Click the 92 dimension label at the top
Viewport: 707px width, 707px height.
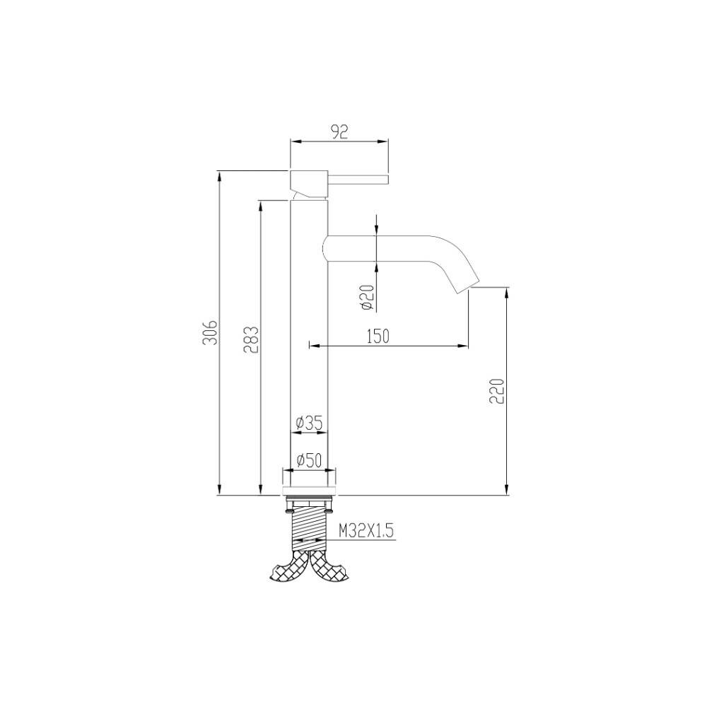tap(339, 132)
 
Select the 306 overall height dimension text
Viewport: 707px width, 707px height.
tap(210, 333)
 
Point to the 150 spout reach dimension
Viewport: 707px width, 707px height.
tap(378, 336)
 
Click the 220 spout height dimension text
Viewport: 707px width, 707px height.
tap(497, 391)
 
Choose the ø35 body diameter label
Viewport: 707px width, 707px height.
tap(309, 423)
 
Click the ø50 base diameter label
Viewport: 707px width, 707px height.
tap(309, 460)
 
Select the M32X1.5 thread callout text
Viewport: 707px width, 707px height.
tap(366, 531)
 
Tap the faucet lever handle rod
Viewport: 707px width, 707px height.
tap(358, 179)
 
